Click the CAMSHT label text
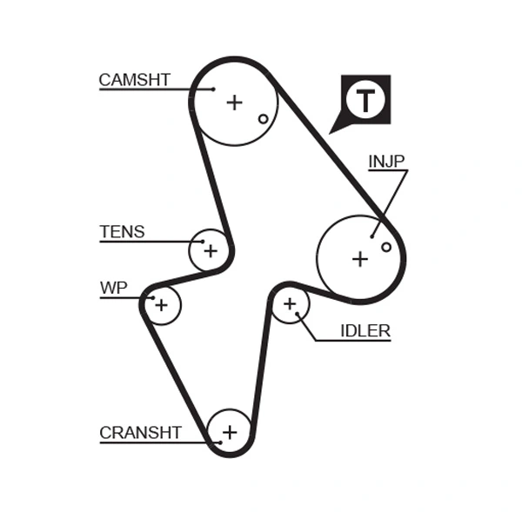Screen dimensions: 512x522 (x=134, y=80)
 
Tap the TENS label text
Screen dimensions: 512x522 (x=122, y=232)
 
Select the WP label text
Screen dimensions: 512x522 (x=113, y=288)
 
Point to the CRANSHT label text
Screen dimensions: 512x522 (x=140, y=432)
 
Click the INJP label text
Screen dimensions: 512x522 (x=386, y=161)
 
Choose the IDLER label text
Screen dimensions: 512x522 (x=365, y=330)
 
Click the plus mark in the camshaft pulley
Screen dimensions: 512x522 (x=234, y=103)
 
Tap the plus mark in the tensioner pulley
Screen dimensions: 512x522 (x=210, y=251)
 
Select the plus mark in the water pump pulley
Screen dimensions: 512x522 (x=161, y=304)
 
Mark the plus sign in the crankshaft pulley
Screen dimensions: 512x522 (x=230, y=431)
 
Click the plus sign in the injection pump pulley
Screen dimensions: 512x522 (x=360, y=258)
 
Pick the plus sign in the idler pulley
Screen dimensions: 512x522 (x=290, y=304)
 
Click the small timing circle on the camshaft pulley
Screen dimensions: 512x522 (x=263, y=119)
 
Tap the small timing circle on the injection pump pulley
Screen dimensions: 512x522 (x=386, y=247)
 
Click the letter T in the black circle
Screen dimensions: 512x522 (x=365, y=101)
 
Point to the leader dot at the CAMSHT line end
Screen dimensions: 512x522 (x=212, y=89)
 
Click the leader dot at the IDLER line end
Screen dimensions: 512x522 (x=298, y=314)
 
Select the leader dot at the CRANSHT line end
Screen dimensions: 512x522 (x=220, y=442)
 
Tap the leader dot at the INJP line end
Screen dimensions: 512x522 (x=372, y=235)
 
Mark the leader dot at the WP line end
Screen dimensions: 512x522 (x=152, y=298)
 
